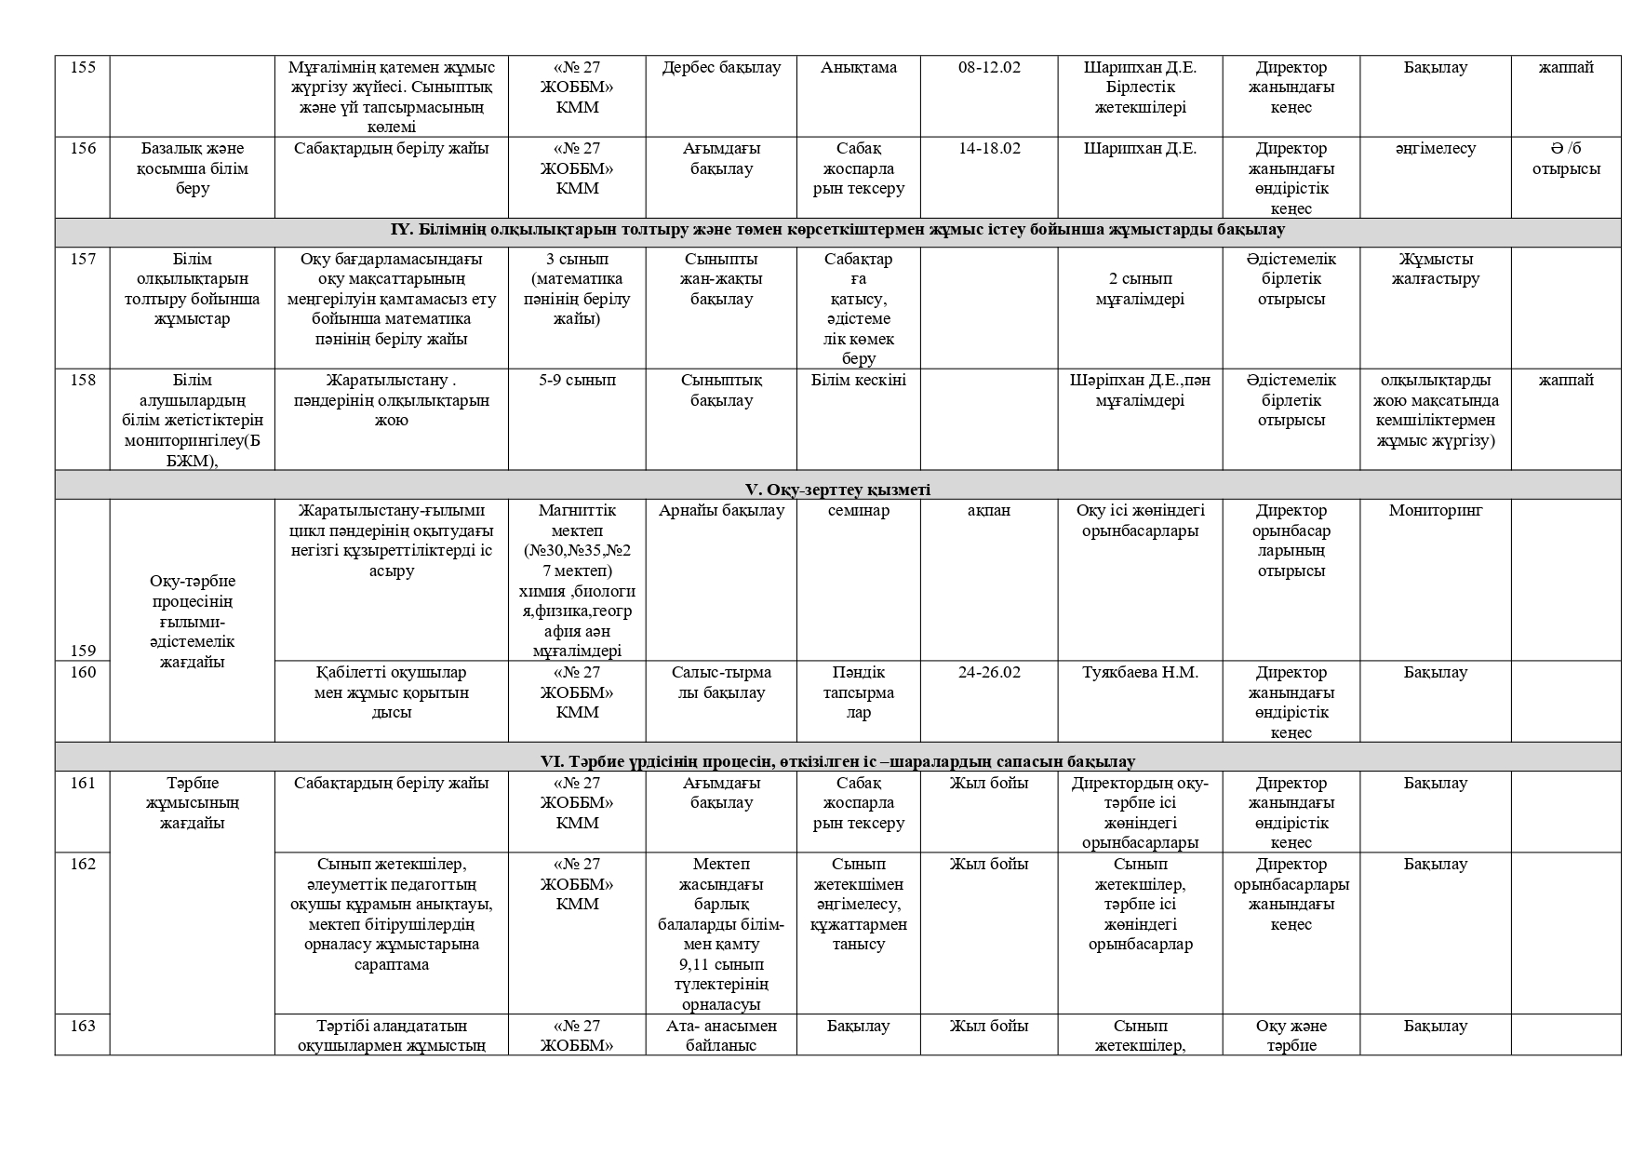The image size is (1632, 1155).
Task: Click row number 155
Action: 83,67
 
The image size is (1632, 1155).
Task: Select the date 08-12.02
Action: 989,67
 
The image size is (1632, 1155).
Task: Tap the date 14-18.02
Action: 989,148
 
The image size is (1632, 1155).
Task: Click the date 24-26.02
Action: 989,672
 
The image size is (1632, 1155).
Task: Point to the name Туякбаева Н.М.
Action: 1140,672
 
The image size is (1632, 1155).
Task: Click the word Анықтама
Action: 859,67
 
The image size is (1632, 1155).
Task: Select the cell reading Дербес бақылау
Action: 721,67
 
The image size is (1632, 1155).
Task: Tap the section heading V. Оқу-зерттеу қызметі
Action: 837,490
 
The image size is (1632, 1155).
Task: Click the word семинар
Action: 859,510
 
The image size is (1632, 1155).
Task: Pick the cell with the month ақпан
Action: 989,510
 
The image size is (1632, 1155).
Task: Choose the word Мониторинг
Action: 1435,510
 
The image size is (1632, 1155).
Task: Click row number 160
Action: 83,672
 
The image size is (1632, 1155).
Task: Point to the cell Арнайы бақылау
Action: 721,510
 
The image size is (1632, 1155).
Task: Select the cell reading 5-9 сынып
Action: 577,380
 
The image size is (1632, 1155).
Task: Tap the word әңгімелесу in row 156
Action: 1435,148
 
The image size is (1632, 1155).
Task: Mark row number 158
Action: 83,380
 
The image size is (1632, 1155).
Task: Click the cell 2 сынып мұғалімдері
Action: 1140,289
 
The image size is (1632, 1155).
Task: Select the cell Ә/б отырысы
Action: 1566,158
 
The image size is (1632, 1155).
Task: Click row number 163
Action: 83,1026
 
